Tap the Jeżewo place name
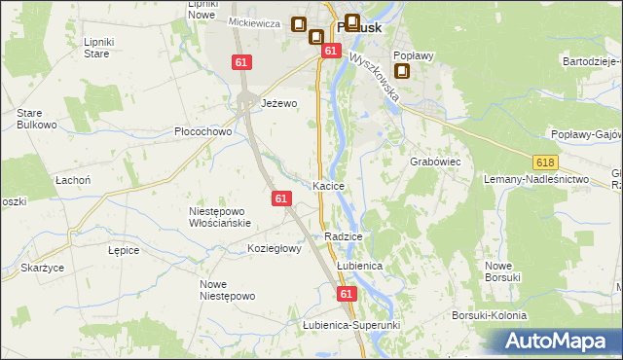pyautogui.click(x=278, y=102)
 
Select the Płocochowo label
pyautogui.click(x=202, y=131)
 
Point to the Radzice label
pyautogui.click(x=345, y=236)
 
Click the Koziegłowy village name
pyautogui.click(x=275, y=248)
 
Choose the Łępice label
pyautogui.click(x=124, y=250)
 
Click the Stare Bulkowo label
pyautogui.click(x=34, y=119)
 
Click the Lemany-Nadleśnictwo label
pyautogui.click(x=537, y=180)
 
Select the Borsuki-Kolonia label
pyautogui.click(x=489, y=315)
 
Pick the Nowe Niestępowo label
pyautogui.click(x=227, y=290)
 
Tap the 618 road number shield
pyautogui.click(x=544, y=161)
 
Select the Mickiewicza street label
pyautogui.click(x=254, y=22)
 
